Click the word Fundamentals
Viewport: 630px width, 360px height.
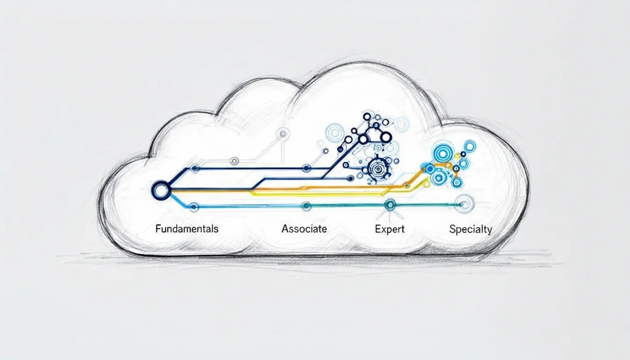187,229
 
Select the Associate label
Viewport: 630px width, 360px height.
304,229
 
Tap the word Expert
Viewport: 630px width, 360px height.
390,229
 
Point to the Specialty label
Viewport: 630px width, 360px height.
470,229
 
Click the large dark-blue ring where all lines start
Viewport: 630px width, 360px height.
160,190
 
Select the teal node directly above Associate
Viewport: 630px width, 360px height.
306,205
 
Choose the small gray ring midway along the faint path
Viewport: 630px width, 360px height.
235,161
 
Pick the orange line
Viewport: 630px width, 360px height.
328,188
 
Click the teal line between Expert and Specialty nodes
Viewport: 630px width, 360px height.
427,204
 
